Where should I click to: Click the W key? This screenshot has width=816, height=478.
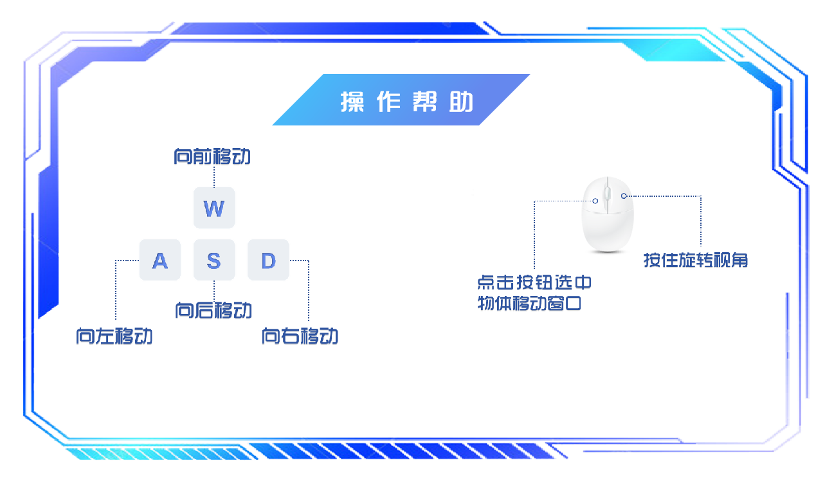[214, 207]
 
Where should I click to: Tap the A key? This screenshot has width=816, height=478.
[159, 260]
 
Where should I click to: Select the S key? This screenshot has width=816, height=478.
[214, 260]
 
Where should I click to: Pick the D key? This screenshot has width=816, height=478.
[268, 260]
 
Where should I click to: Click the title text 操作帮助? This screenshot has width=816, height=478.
[406, 101]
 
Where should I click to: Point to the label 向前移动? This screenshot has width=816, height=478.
[212, 157]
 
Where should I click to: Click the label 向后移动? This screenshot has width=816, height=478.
[213, 311]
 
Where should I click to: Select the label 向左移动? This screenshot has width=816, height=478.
[114, 336]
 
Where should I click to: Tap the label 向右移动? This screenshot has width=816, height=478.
[300, 336]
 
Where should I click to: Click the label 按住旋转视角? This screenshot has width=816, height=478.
[696, 261]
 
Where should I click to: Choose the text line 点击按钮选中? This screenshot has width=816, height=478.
[534, 283]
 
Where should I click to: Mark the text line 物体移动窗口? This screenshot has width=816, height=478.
[529, 304]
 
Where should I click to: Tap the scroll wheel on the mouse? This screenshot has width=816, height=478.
[607, 194]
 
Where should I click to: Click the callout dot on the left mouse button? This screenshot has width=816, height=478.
[595, 201]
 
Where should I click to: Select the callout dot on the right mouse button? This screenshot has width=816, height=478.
[623, 196]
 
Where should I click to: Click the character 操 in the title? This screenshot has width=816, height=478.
[352, 102]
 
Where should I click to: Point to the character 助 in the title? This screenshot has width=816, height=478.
[461, 102]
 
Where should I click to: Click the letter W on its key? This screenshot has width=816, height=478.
[214, 208]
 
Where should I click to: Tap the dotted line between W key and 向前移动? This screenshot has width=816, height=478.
[213, 176]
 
